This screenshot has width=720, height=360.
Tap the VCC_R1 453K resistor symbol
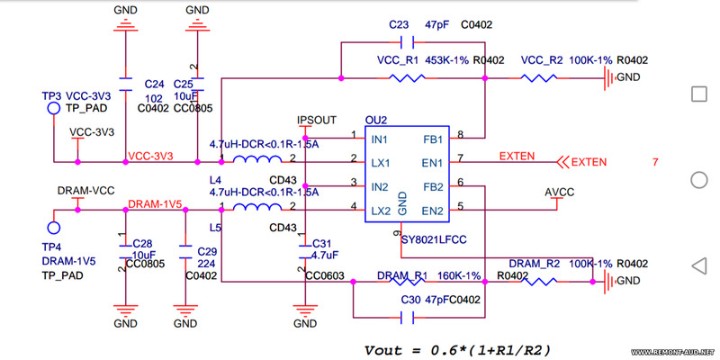coord(407,79)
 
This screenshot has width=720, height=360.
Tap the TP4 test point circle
coord(53,229)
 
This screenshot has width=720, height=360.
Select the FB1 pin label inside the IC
coord(433,140)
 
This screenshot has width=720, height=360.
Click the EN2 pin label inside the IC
coord(433,211)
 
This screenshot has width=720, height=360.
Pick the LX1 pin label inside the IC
coord(380,164)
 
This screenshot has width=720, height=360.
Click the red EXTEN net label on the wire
coord(516,157)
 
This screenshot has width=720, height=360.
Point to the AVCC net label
coord(559,193)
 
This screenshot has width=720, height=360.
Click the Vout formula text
coord(458,349)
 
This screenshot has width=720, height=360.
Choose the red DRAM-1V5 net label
coord(156,204)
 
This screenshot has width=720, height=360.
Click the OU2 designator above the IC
coord(375,120)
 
